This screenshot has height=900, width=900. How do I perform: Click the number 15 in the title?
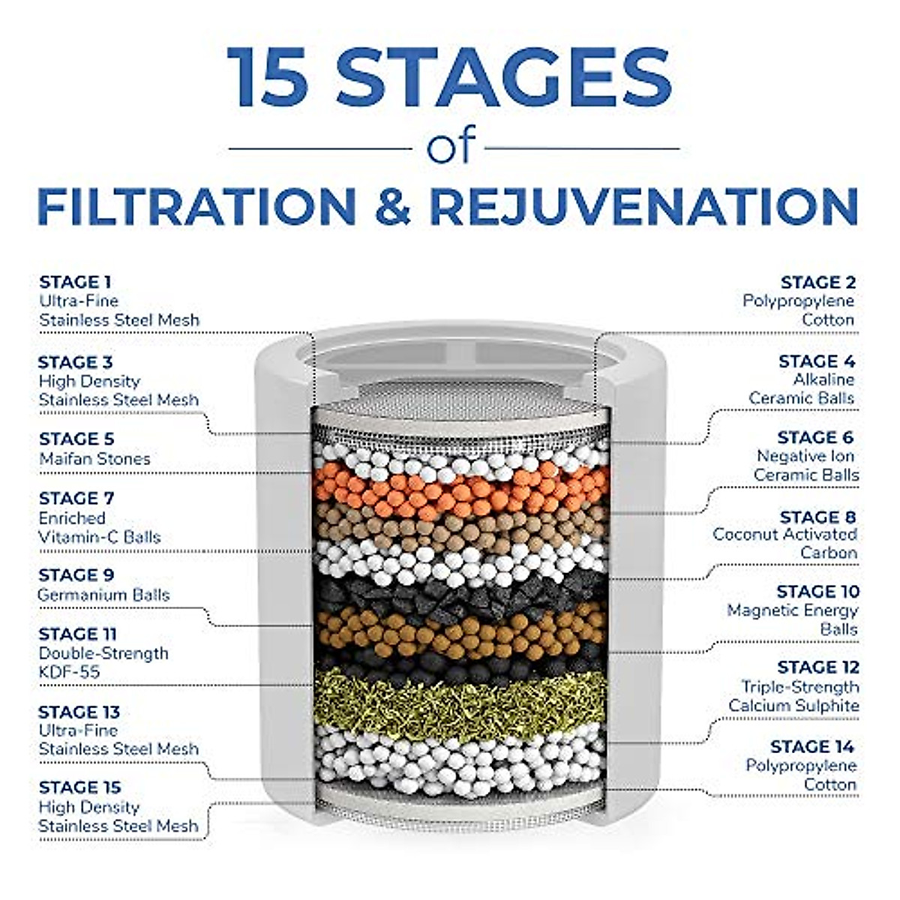coord(268,77)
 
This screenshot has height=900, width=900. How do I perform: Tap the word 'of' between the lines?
coord(451,147)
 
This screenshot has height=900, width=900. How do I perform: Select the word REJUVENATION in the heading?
coord(643,205)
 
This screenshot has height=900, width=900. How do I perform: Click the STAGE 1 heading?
coord(75,282)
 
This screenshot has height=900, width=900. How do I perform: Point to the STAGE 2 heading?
coord(817,282)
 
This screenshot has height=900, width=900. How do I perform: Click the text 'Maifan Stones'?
coord(94,458)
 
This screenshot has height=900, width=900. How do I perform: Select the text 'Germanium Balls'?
coord(103,595)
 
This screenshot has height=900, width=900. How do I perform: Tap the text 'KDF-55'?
coord(69,672)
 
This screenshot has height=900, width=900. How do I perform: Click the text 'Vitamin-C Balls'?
coord(100,537)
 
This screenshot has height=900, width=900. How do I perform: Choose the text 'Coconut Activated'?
coord(784,534)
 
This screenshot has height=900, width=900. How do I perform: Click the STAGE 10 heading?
coord(817,592)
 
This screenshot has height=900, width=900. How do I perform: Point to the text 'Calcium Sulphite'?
coord(793,706)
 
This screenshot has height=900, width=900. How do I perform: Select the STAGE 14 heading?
coord(812,746)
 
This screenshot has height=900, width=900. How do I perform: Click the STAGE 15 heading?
coord(79,787)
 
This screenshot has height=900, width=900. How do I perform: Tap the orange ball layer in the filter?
coord(457,487)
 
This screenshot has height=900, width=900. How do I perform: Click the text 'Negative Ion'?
coord(805,456)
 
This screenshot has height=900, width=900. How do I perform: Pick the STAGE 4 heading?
coord(817,361)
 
